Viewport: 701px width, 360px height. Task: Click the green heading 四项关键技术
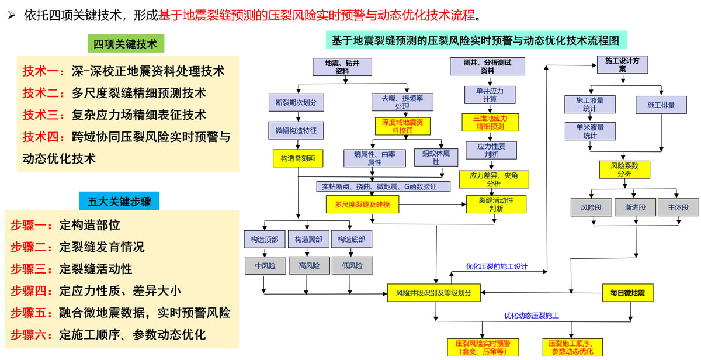point(126,44)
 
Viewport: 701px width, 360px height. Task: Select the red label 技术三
point(44,115)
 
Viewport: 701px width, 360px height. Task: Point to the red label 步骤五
point(32,313)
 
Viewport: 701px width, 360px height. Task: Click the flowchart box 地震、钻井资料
point(342,67)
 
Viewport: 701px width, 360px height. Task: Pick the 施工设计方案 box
point(623,64)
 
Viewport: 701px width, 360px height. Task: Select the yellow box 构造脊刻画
point(298,158)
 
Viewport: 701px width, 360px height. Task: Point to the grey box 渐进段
point(635,207)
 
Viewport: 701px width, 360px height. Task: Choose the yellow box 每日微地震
point(627,293)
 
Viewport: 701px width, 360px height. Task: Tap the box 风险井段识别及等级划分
point(433,293)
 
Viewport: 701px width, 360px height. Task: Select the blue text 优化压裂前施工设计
point(497,266)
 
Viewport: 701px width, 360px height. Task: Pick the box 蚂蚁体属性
point(436,158)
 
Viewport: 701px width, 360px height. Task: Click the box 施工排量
point(661,105)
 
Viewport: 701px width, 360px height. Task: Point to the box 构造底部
point(351,239)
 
